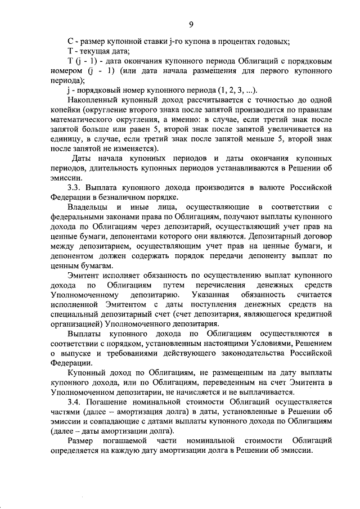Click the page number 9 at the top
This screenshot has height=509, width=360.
pos(191,24)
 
